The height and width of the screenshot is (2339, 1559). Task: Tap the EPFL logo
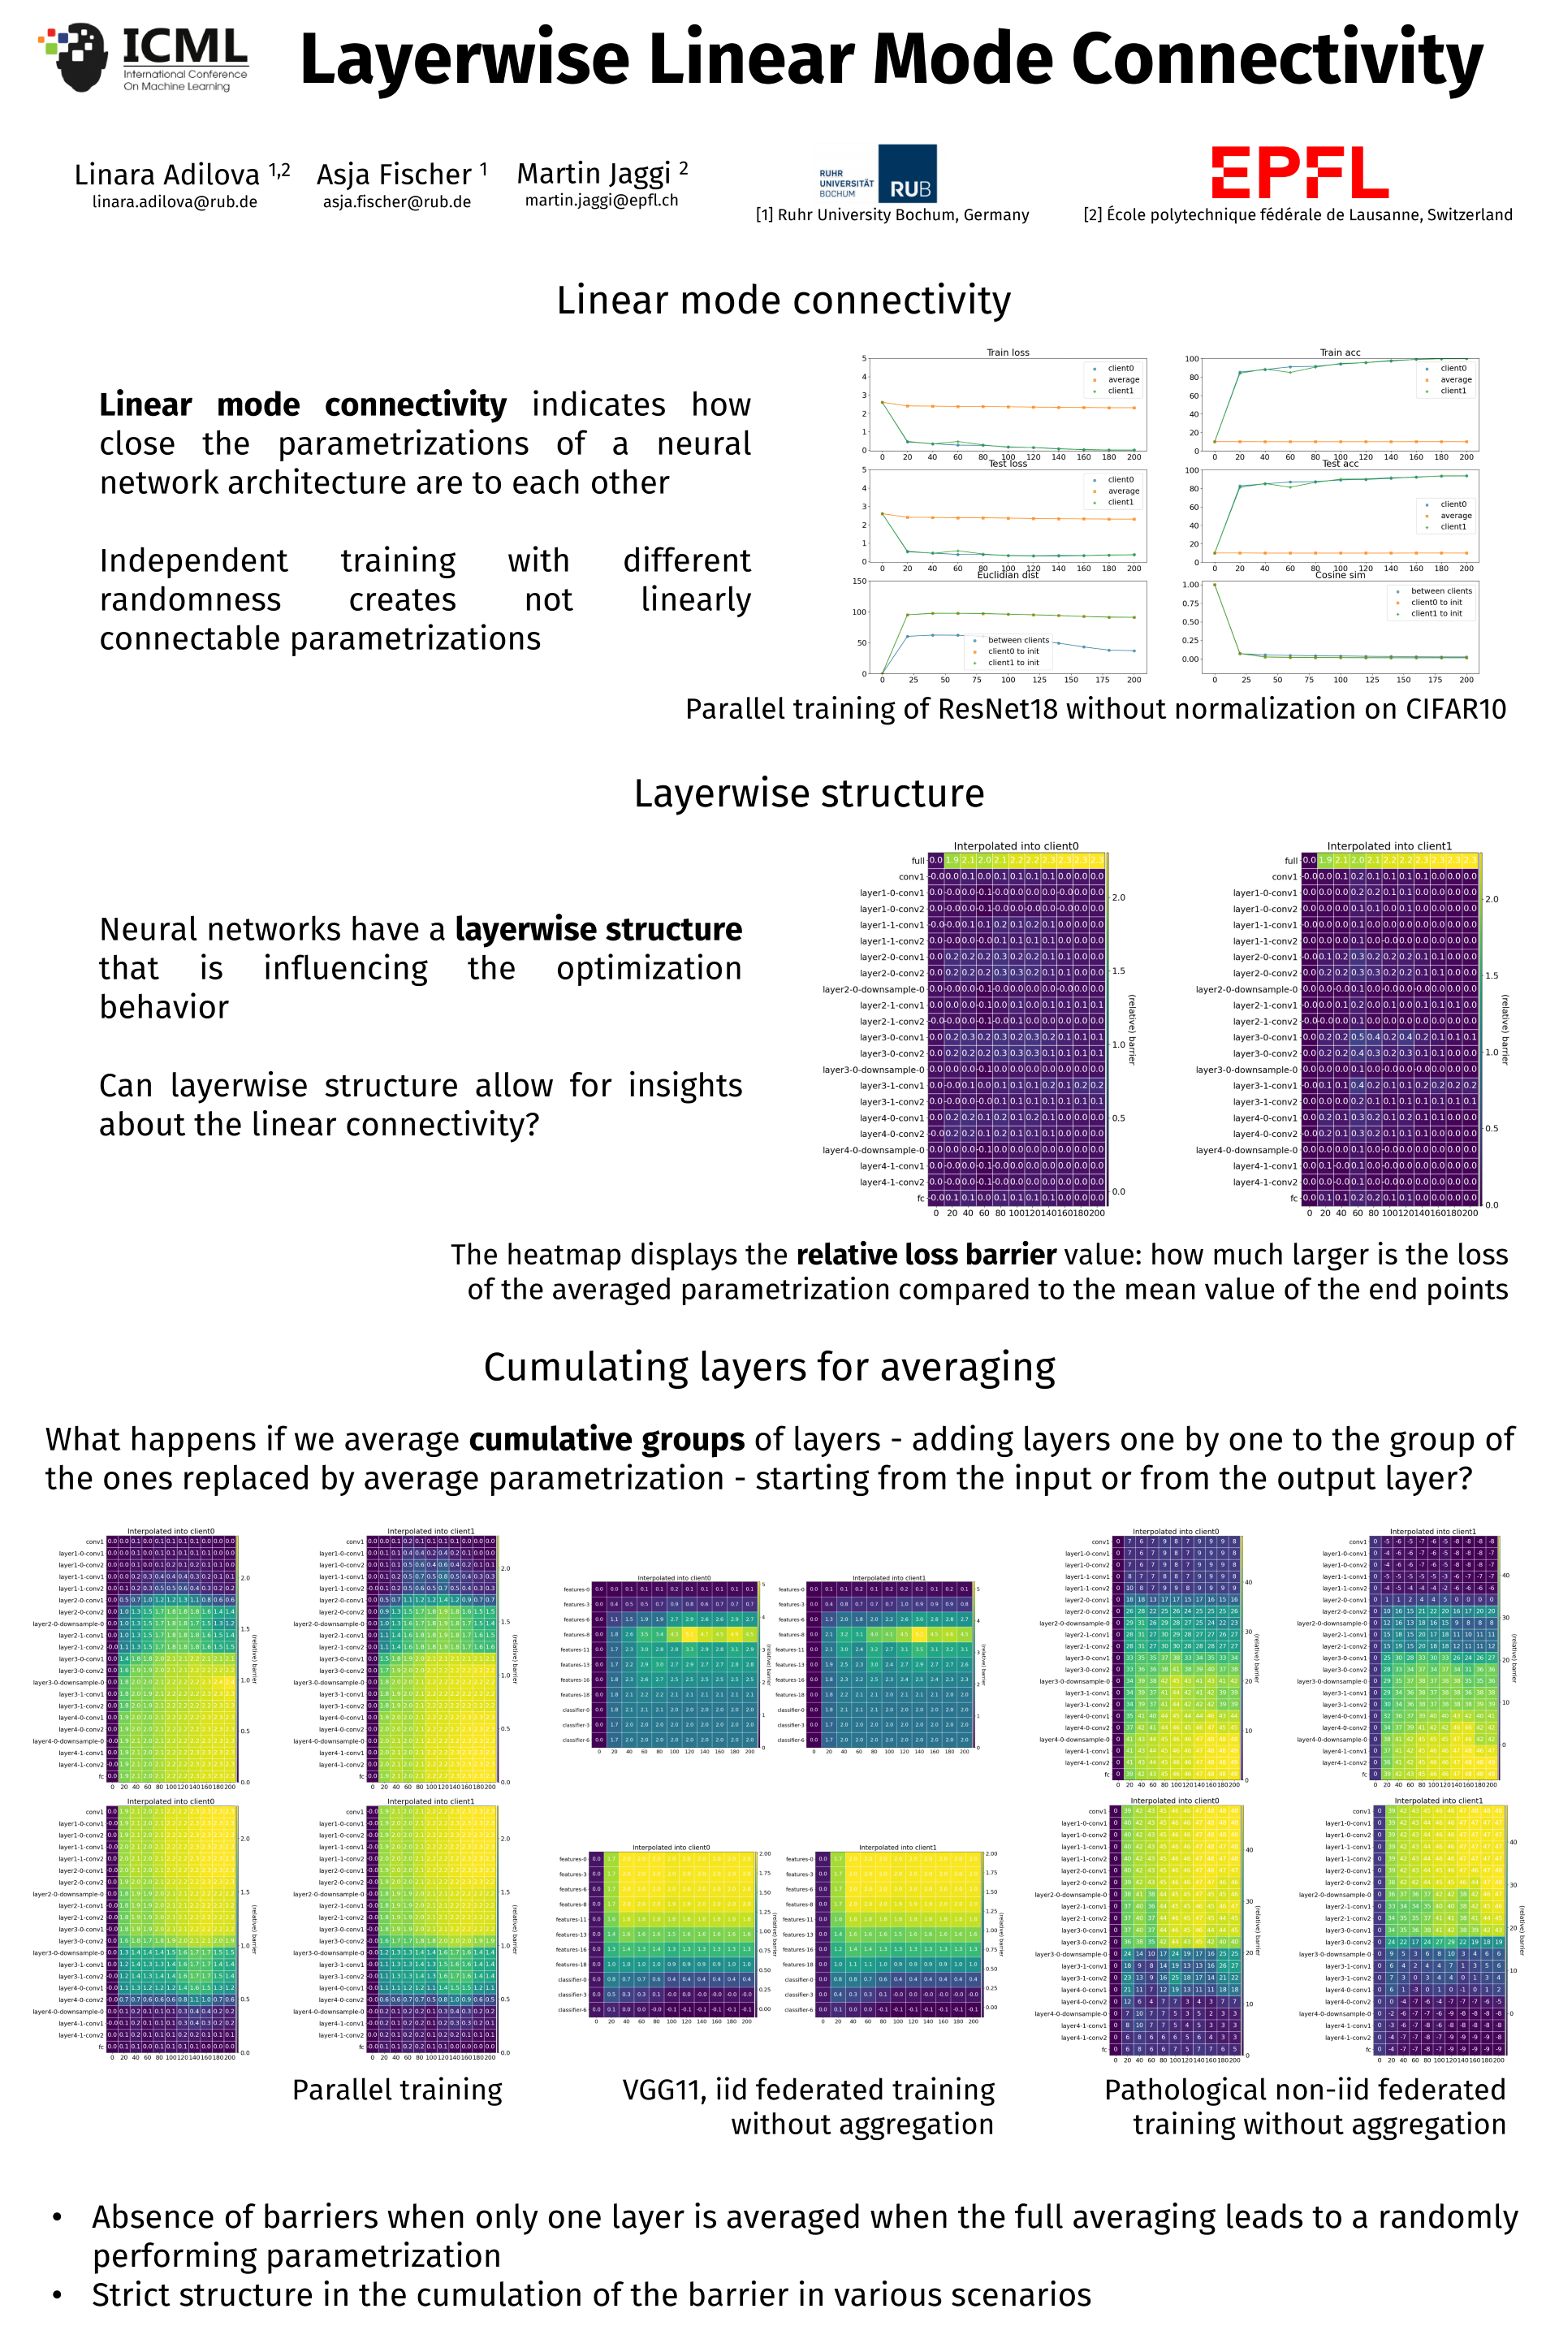(1298, 173)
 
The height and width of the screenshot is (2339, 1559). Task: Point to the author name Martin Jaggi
(594, 174)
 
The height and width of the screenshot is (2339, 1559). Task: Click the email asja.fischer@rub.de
(397, 202)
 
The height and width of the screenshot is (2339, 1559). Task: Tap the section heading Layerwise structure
(809, 793)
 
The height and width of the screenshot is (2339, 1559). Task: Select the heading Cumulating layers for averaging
(769, 1368)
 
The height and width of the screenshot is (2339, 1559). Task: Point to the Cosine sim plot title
(1339, 575)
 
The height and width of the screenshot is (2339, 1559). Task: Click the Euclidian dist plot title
(1007, 575)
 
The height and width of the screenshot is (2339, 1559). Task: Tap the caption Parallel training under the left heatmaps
(397, 2090)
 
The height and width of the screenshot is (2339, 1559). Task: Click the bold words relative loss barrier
(926, 1254)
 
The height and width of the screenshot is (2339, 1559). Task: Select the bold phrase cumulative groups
(607, 1439)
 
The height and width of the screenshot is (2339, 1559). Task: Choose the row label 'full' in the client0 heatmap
(917, 860)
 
